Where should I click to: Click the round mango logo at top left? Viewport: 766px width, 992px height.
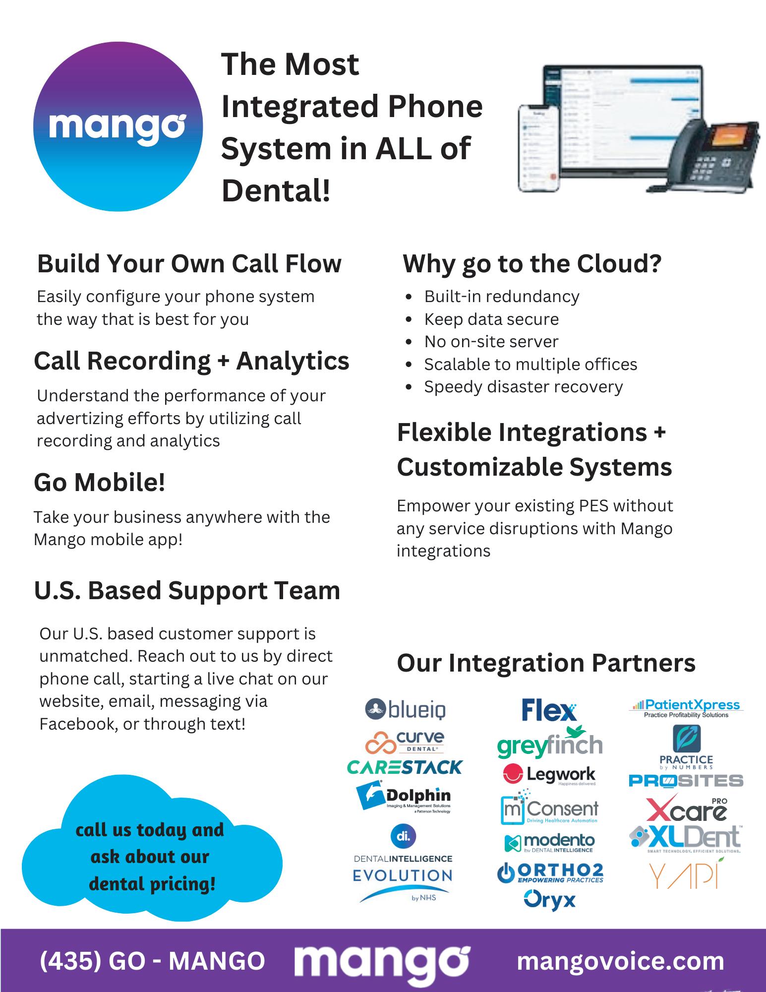click(x=118, y=126)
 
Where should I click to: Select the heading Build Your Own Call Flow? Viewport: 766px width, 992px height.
click(x=189, y=263)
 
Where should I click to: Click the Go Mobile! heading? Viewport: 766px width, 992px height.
click(x=99, y=482)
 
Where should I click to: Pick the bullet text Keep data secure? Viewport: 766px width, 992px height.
click(x=491, y=319)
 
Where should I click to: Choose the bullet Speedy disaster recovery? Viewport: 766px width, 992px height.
click(x=523, y=386)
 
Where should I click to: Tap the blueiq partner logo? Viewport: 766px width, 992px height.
click(x=405, y=710)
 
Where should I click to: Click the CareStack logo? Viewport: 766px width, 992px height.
click(x=404, y=767)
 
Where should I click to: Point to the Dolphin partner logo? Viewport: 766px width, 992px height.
click(x=404, y=797)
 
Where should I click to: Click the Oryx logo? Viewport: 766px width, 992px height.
click(x=549, y=900)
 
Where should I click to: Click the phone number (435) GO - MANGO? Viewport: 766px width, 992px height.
click(x=152, y=961)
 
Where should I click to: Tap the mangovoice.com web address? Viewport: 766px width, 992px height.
click(x=620, y=961)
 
